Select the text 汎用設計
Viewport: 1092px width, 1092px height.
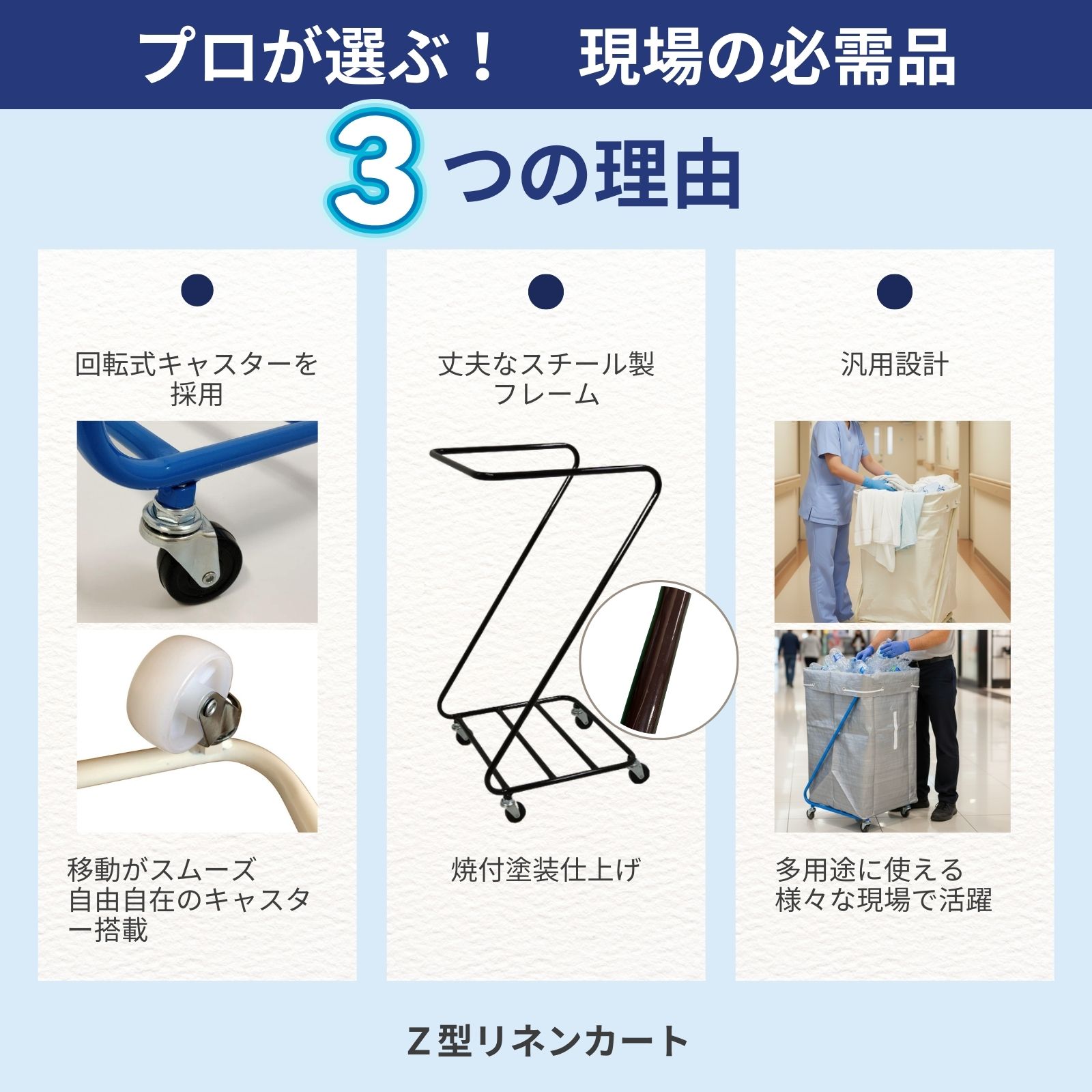point(895,365)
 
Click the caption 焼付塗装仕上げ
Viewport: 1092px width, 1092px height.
point(546,870)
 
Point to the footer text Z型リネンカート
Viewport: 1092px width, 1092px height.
point(547,1041)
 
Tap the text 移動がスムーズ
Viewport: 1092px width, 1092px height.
point(162,870)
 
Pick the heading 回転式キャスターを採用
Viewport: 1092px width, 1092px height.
point(197,379)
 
